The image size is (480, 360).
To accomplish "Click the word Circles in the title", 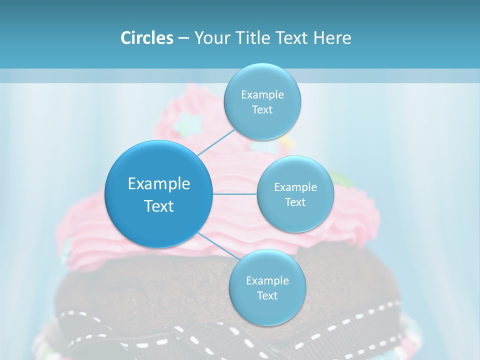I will [147, 38].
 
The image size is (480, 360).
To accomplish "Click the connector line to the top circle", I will [216, 143].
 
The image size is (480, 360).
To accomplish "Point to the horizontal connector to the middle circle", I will [234, 194].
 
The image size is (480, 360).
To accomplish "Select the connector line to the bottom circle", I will [216, 245].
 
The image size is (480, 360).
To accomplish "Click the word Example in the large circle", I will [159, 184].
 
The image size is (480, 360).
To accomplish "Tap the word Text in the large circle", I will [159, 206].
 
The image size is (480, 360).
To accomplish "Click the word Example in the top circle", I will [262, 95].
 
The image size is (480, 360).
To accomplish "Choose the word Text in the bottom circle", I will [267, 296].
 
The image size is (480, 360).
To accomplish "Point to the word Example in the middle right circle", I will [295, 187].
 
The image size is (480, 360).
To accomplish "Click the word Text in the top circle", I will [262, 110].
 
